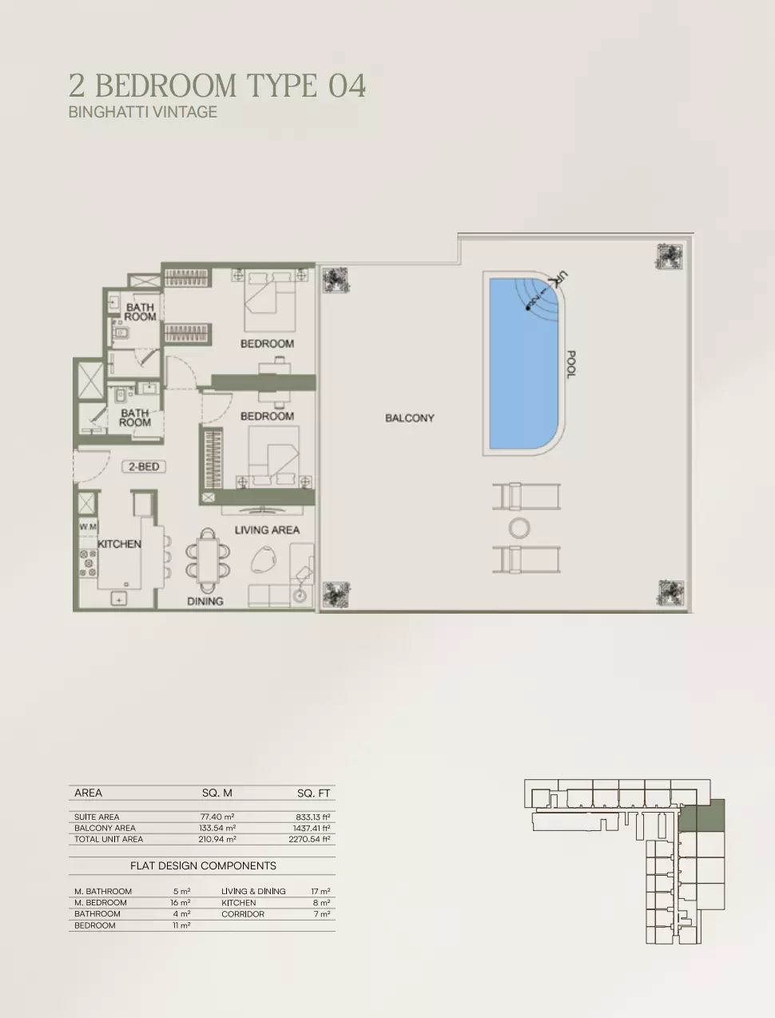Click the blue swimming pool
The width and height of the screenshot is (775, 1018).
click(524, 364)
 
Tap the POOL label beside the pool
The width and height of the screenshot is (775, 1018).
click(571, 364)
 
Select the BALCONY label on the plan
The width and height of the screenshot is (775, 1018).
click(410, 418)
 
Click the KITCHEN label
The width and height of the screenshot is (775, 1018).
click(119, 543)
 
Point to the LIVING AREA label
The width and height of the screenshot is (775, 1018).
click(267, 530)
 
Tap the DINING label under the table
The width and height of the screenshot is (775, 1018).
click(205, 601)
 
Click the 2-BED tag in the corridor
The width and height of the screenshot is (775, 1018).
click(144, 467)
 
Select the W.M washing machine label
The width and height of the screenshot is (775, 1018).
click(88, 527)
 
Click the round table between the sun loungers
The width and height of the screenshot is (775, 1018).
click(519, 528)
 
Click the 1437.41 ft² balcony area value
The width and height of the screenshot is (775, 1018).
click(312, 828)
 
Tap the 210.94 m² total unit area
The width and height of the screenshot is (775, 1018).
click(217, 839)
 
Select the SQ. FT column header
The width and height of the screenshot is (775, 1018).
click(314, 793)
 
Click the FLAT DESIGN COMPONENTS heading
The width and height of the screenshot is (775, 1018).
click(203, 865)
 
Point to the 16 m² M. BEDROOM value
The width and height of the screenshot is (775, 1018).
click(181, 902)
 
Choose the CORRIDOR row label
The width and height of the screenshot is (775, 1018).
click(243, 913)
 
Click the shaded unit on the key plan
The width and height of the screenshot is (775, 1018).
click(701, 814)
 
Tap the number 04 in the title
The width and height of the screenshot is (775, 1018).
click(348, 85)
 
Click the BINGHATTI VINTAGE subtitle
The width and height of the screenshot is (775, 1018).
click(143, 112)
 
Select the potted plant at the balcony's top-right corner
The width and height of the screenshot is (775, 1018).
click(670, 256)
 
